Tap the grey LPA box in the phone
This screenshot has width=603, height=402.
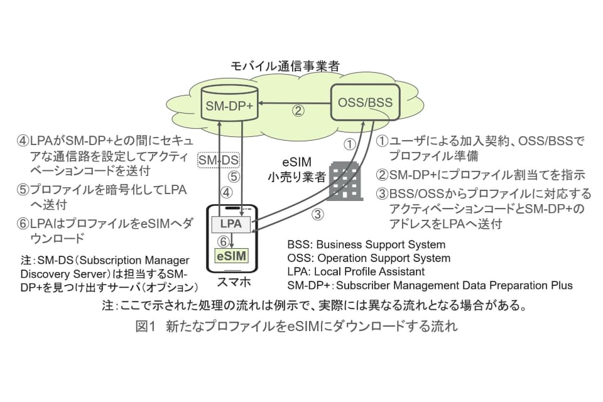[231, 224]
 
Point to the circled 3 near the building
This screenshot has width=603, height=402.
[319, 214]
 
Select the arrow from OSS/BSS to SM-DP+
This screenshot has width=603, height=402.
[295, 102]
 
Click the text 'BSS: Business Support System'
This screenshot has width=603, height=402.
[366, 245]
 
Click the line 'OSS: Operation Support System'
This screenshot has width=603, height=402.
[368, 258]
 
